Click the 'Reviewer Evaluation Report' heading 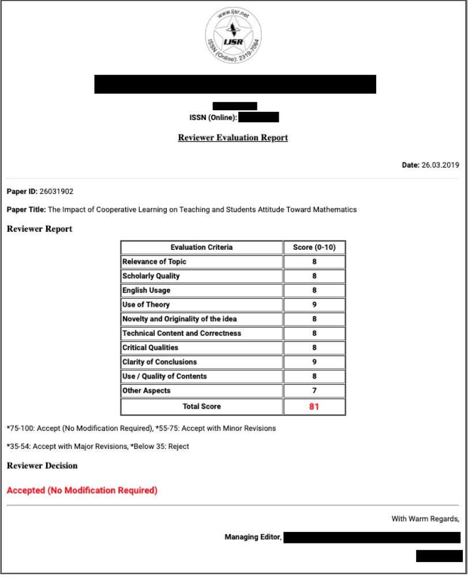click(233, 137)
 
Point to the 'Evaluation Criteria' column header click(201, 247)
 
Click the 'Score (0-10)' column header click(314, 247)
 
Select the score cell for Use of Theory click(314, 305)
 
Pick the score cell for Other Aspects click(314, 391)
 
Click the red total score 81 click(314, 406)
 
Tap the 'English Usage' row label click(146, 290)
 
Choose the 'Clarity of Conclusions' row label click(159, 362)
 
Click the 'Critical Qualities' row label click(150, 347)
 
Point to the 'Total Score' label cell click(201, 406)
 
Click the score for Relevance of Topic click(314, 261)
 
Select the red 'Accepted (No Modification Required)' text click(82, 490)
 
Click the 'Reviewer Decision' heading click(42, 465)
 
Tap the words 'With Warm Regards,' click(426, 519)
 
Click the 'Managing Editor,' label click(253, 537)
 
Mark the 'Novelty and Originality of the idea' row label click(179, 319)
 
